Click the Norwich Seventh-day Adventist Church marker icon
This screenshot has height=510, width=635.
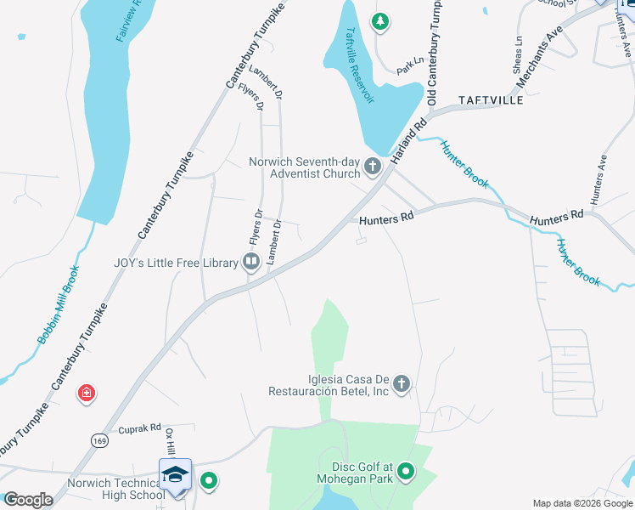point(373,167)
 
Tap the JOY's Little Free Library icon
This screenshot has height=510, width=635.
point(251,263)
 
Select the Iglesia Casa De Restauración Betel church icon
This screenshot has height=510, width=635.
point(402,384)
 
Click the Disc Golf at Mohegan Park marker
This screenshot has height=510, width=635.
point(406,470)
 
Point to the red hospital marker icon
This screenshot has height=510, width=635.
point(86,393)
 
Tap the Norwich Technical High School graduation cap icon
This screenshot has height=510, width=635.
point(175,474)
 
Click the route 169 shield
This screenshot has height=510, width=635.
point(100,440)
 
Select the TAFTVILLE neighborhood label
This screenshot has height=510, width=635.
point(492,99)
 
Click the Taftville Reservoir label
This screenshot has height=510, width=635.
point(359,65)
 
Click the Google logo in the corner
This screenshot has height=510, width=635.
point(27,500)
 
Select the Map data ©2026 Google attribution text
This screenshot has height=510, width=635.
point(582,503)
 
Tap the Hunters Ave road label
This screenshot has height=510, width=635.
point(600,178)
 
